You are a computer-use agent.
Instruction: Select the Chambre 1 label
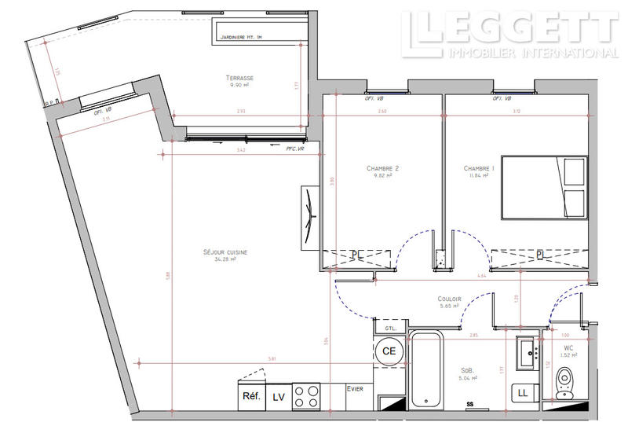click(x=479, y=168)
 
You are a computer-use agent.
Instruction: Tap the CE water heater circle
click(x=389, y=351)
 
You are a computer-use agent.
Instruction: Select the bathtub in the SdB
click(x=425, y=369)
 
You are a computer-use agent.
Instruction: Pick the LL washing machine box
click(x=522, y=393)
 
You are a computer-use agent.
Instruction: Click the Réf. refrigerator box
click(x=251, y=396)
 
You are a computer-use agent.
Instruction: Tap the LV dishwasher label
click(x=279, y=397)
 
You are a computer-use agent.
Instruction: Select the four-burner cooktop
click(x=308, y=396)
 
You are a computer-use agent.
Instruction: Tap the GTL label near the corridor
click(x=390, y=328)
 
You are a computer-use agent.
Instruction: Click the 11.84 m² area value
click(x=479, y=176)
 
